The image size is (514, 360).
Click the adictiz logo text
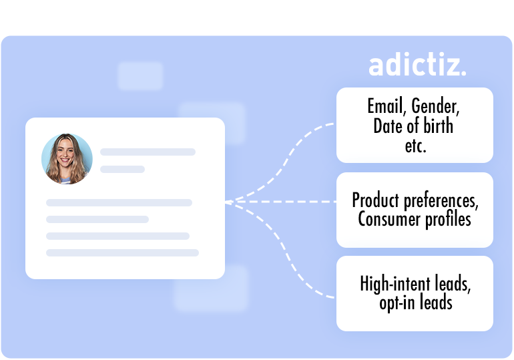(417, 64)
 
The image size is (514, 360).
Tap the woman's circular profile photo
(67, 159)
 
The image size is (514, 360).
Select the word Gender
(435, 106)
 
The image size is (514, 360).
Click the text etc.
(415, 146)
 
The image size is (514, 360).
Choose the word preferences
(441, 201)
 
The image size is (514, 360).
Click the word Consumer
(389, 218)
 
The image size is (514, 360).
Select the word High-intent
(395, 284)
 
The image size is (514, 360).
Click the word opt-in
(397, 303)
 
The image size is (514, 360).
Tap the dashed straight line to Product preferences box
(280, 202)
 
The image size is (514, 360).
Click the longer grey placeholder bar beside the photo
(148, 152)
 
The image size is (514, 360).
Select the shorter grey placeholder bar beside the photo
(122, 169)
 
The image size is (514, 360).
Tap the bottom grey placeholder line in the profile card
(122, 252)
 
